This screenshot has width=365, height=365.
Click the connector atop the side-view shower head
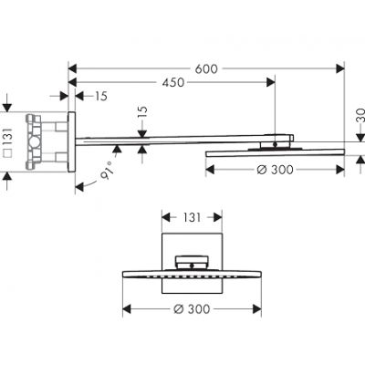click(x=276, y=141)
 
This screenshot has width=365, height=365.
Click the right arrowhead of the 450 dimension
click(x=270, y=82)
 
